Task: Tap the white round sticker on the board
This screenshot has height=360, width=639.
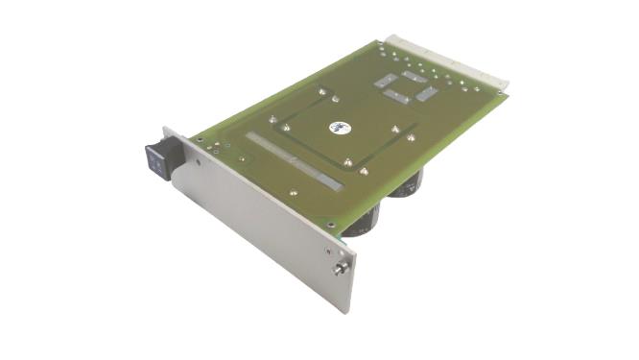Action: click(x=338, y=125)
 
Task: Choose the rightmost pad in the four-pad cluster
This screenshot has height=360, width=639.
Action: click(x=427, y=94)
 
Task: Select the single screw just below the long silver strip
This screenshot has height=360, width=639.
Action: click(x=293, y=192)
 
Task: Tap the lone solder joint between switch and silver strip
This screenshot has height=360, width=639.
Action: click(x=242, y=158)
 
